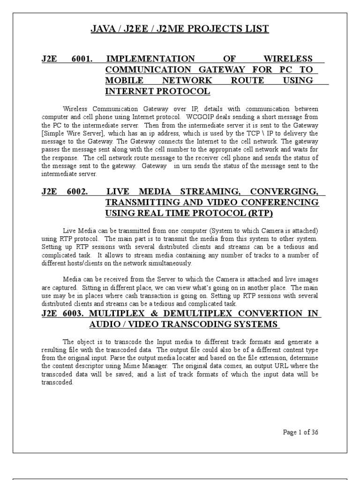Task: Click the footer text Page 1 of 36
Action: coord(301,432)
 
